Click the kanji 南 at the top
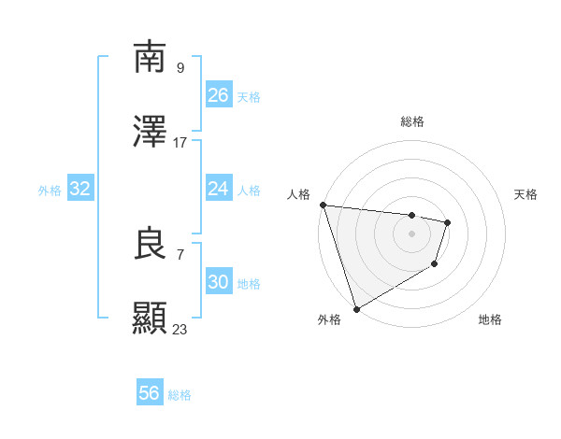click(x=151, y=58)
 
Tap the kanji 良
click(x=151, y=245)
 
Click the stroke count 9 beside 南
click(x=180, y=67)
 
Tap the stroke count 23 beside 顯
click(x=180, y=329)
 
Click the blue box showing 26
click(x=218, y=95)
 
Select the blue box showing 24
click(x=218, y=189)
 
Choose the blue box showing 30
click(x=218, y=282)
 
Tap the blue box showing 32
click(x=80, y=189)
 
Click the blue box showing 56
click(x=149, y=393)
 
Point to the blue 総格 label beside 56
click(x=180, y=395)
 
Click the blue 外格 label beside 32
click(x=50, y=191)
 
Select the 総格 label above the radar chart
click(x=412, y=121)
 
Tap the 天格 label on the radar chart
click(x=526, y=194)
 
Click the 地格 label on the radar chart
click(x=490, y=320)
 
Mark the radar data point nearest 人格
click(x=323, y=205)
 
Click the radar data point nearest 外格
click(x=356, y=308)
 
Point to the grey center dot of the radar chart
click(x=412, y=234)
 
